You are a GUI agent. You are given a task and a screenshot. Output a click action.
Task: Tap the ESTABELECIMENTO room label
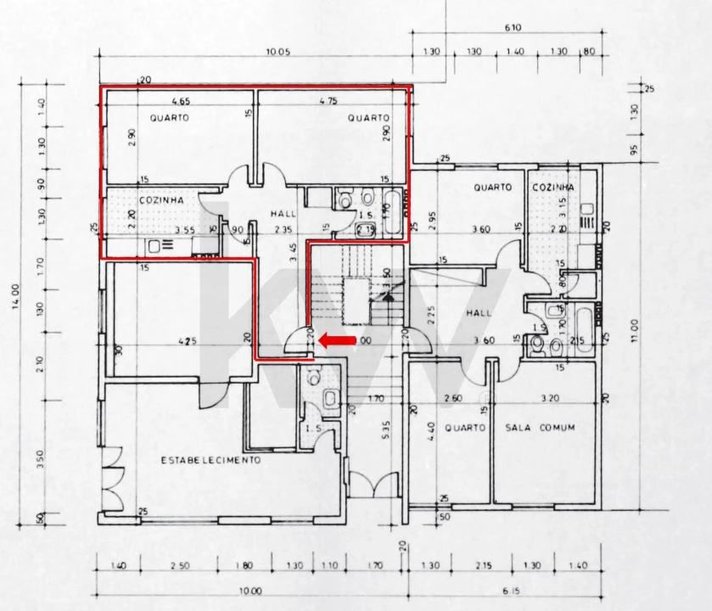pyautogui.click(x=210, y=460)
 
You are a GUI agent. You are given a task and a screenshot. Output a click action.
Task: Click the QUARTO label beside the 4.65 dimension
pyautogui.click(x=170, y=118)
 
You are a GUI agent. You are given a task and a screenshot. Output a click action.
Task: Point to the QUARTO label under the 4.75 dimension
pyautogui.click(x=368, y=118)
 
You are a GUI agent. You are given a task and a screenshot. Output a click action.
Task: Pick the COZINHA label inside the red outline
pyautogui.click(x=161, y=199)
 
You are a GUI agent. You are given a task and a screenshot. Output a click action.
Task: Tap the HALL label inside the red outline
pyautogui.click(x=283, y=214)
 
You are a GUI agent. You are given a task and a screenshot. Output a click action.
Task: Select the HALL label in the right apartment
pyautogui.click(x=479, y=313)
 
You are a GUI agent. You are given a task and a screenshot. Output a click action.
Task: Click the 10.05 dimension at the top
pyautogui.click(x=278, y=53)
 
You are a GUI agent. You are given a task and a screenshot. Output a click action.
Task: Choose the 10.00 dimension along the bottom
pyautogui.click(x=250, y=591)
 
